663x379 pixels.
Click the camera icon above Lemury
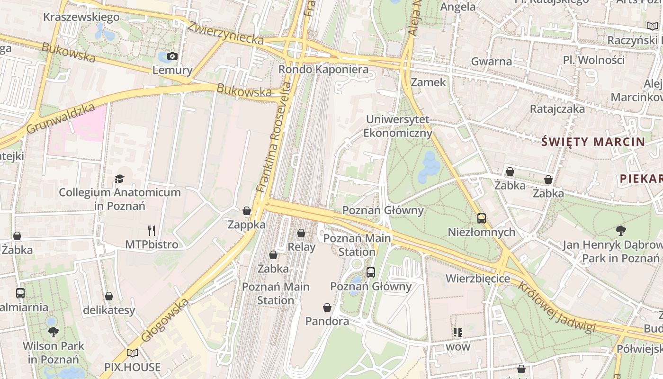[172, 56]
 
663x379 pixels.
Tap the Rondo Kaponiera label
[323, 70]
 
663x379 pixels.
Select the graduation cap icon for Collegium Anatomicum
[119, 179]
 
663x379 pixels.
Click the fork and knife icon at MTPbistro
[152, 231]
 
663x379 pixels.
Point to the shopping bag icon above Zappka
[247, 211]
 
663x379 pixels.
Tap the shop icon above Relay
[301, 233]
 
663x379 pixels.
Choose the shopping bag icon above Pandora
[327, 308]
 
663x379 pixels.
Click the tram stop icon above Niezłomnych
[482, 218]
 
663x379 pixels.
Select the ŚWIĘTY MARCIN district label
[593, 142]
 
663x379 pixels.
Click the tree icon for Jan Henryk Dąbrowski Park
[620, 231]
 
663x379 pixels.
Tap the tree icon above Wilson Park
[53, 332]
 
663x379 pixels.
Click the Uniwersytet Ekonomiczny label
[398, 126]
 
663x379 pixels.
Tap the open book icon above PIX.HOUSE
[133, 353]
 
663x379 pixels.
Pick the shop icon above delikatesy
[109, 297]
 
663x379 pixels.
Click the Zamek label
[428, 82]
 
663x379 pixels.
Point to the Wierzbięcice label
[478, 279]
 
